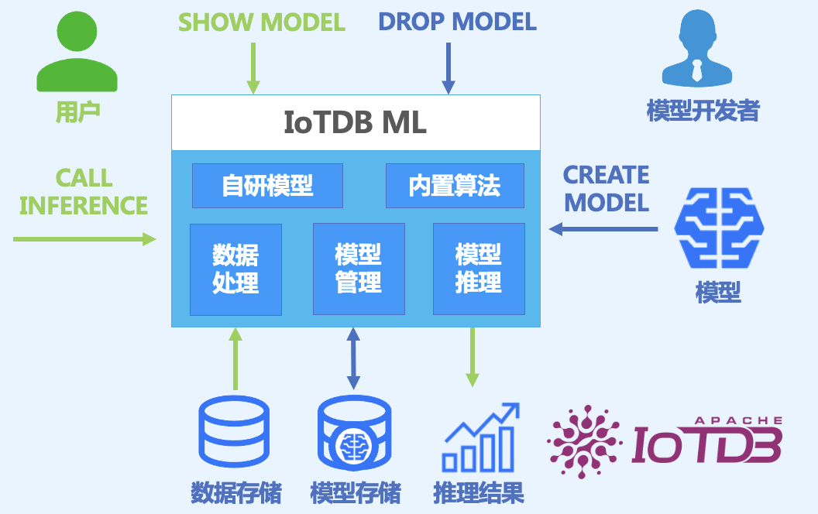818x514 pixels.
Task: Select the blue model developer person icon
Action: pyautogui.click(x=697, y=50)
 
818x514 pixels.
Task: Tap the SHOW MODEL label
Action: pyautogui.click(x=262, y=22)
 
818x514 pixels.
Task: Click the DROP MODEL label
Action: pyautogui.click(x=457, y=22)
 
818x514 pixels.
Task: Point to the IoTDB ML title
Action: pyautogui.click(x=355, y=123)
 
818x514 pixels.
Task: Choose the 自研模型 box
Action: pyautogui.click(x=267, y=186)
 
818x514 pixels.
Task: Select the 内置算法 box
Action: pyautogui.click(x=455, y=186)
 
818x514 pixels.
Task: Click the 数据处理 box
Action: pyautogui.click(x=235, y=269)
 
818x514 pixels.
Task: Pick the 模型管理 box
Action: pyautogui.click(x=358, y=269)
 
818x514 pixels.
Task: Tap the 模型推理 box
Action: pyautogui.click(x=479, y=269)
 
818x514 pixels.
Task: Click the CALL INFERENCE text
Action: pyautogui.click(x=84, y=192)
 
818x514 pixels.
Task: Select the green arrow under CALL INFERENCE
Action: pyautogui.click(x=85, y=239)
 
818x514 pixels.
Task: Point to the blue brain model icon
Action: pyautogui.click(x=718, y=228)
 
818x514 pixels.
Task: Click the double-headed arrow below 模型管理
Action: pyautogui.click(x=354, y=358)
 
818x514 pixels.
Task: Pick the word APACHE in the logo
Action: pyautogui.click(x=736, y=420)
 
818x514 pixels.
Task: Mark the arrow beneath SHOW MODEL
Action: pyautogui.click(x=252, y=68)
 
